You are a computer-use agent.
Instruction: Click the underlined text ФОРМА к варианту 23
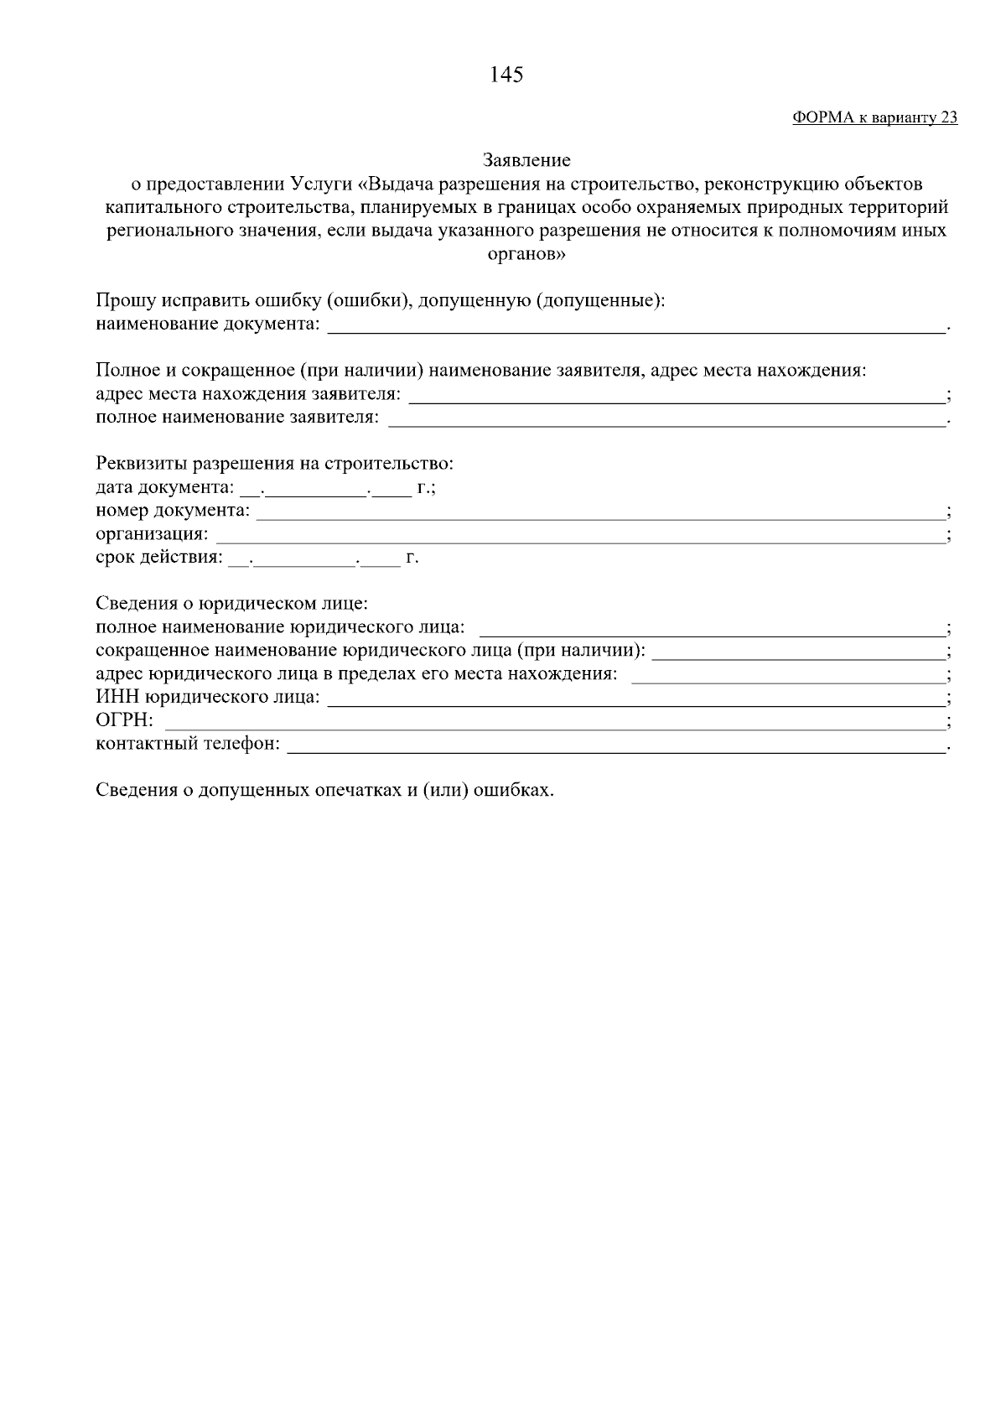[x=874, y=118]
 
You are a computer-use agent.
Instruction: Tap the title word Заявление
[x=526, y=159]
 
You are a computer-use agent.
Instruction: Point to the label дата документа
[x=164, y=487]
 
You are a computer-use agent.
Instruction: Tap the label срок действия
[x=159, y=558]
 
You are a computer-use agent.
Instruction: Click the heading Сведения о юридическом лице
[x=231, y=604]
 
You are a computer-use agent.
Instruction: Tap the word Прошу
[x=122, y=300]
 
